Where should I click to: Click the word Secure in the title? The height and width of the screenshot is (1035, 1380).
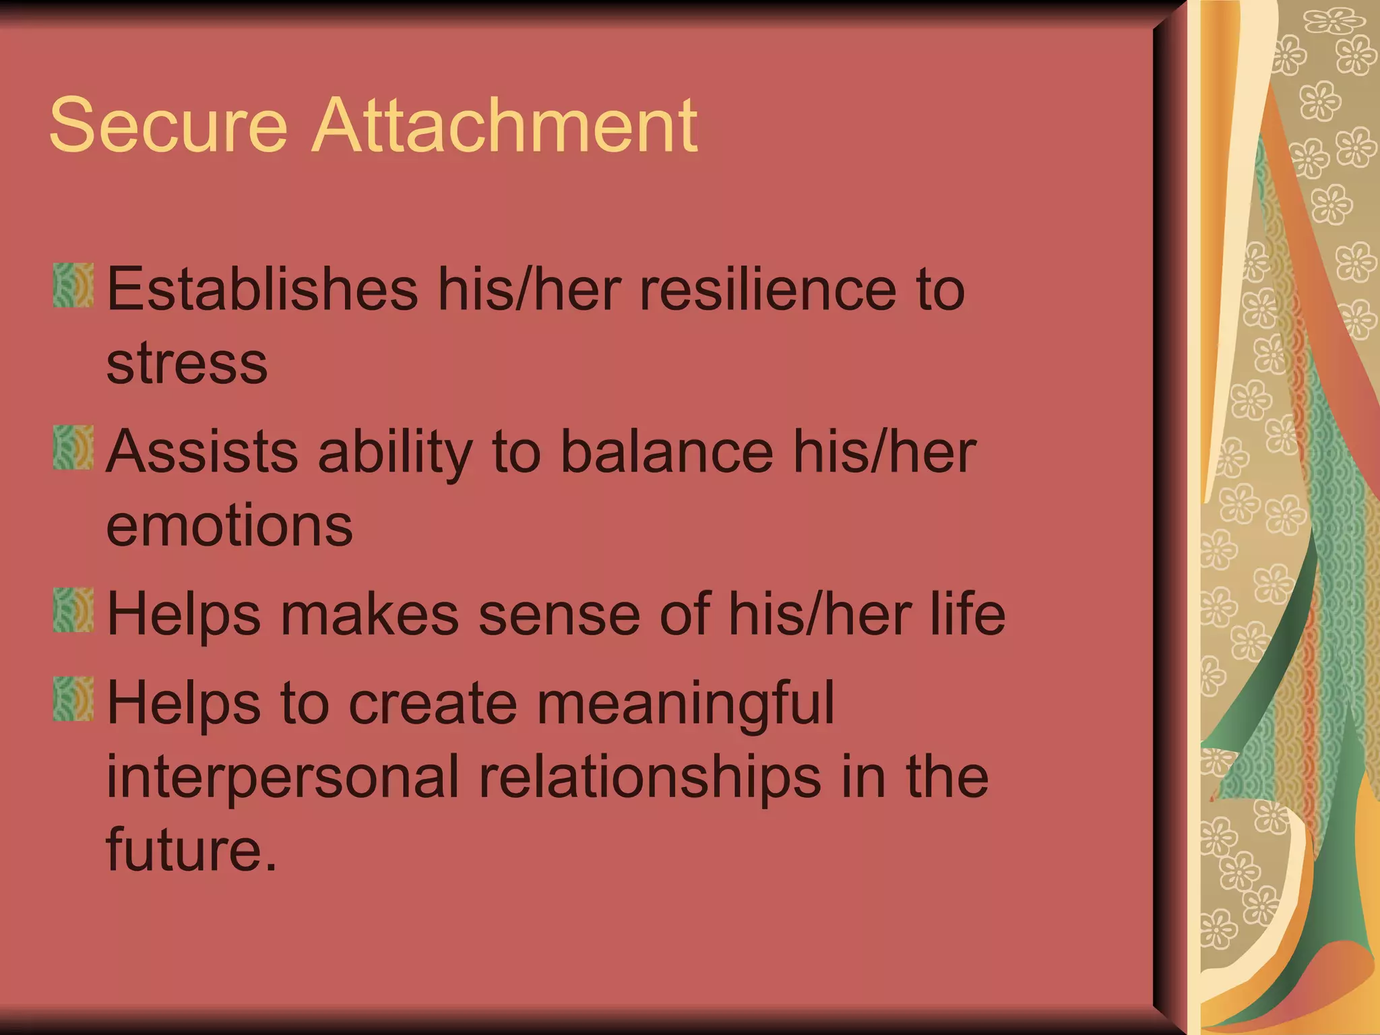coord(168,125)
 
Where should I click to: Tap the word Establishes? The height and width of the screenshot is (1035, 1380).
coord(262,289)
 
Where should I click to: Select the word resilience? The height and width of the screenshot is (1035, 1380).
coord(768,289)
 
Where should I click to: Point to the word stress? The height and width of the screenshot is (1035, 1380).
coord(187,364)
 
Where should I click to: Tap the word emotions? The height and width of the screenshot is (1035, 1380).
coord(229,526)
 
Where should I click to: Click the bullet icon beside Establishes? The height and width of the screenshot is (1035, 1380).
coord(73,286)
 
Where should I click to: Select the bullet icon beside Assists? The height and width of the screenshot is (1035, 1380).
coord(73,447)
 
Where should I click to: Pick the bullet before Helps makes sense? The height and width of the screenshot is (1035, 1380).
coord(73,610)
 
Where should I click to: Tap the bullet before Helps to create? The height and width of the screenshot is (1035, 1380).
coord(73,699)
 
